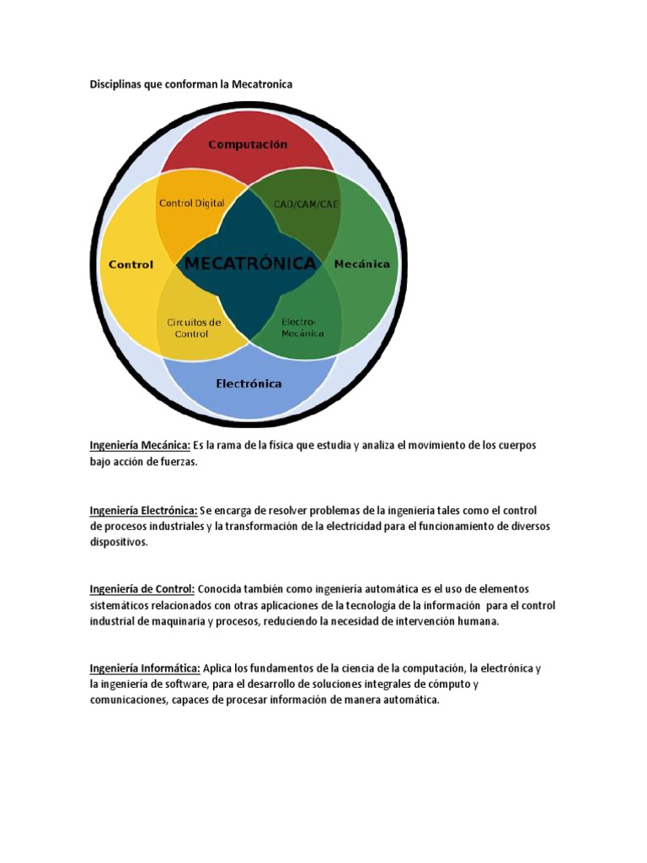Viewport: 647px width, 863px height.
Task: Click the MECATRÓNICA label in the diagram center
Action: [x=250, y=264]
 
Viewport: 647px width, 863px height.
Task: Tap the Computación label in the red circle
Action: [x=248, y=144]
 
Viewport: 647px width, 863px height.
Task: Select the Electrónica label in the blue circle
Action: [x=249, y=383]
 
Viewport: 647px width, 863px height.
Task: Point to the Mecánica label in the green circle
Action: [x=362, y=264]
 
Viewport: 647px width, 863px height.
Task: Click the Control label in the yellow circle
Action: [x=131, y=265]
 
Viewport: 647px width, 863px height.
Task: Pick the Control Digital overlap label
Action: [x=192, y=203]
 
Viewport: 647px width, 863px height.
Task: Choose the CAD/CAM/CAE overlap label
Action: [x=306, y=204]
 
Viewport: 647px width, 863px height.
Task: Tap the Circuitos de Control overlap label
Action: [x=194, y=328]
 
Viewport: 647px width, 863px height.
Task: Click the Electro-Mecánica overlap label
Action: [x=302, y=328]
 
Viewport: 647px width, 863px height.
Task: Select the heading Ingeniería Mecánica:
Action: [x=140, y=445]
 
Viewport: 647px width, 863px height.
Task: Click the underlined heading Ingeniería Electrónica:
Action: [x=144, y=511]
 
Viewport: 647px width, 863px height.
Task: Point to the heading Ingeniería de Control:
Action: [x=142, y=589]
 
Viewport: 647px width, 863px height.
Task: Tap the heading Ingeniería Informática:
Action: [x=145, y=668]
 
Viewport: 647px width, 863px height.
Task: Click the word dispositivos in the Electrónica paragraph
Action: [x=118, y=543]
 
